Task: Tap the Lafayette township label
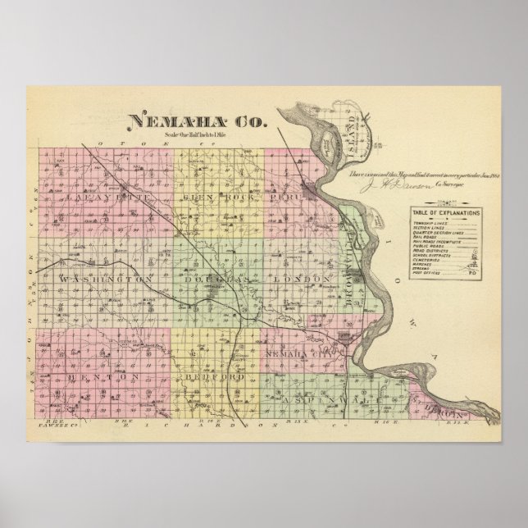coord(85,198)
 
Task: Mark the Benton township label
coord(106,376)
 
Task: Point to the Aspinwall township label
coord(329,382)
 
